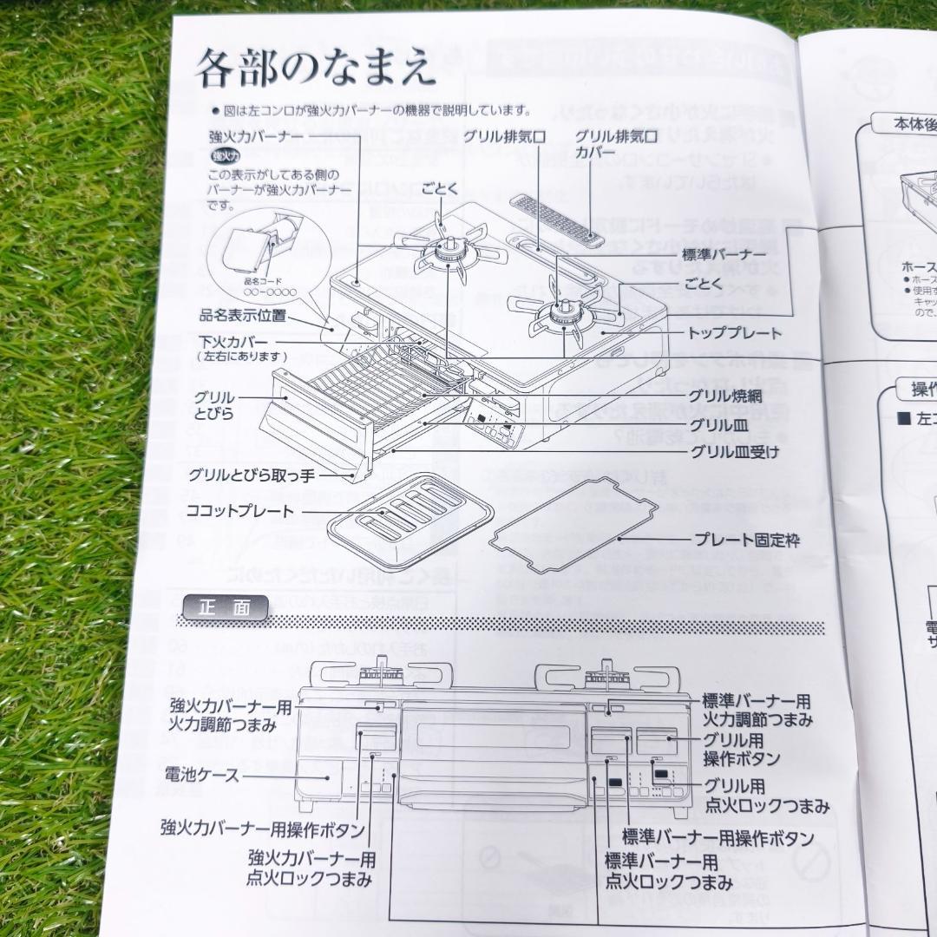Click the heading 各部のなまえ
[x=314, y=69]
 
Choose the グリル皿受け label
[x=735, y=451]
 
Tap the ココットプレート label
[x=240, y=511]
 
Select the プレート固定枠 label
[x=746, y=540]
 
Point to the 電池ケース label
[x=202, y=775]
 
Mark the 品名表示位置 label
[x=243, y=315]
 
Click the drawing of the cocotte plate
[x=410, y=514]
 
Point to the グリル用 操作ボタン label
[x=741, y=749]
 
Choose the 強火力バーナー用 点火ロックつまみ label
[x=311, y=868]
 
